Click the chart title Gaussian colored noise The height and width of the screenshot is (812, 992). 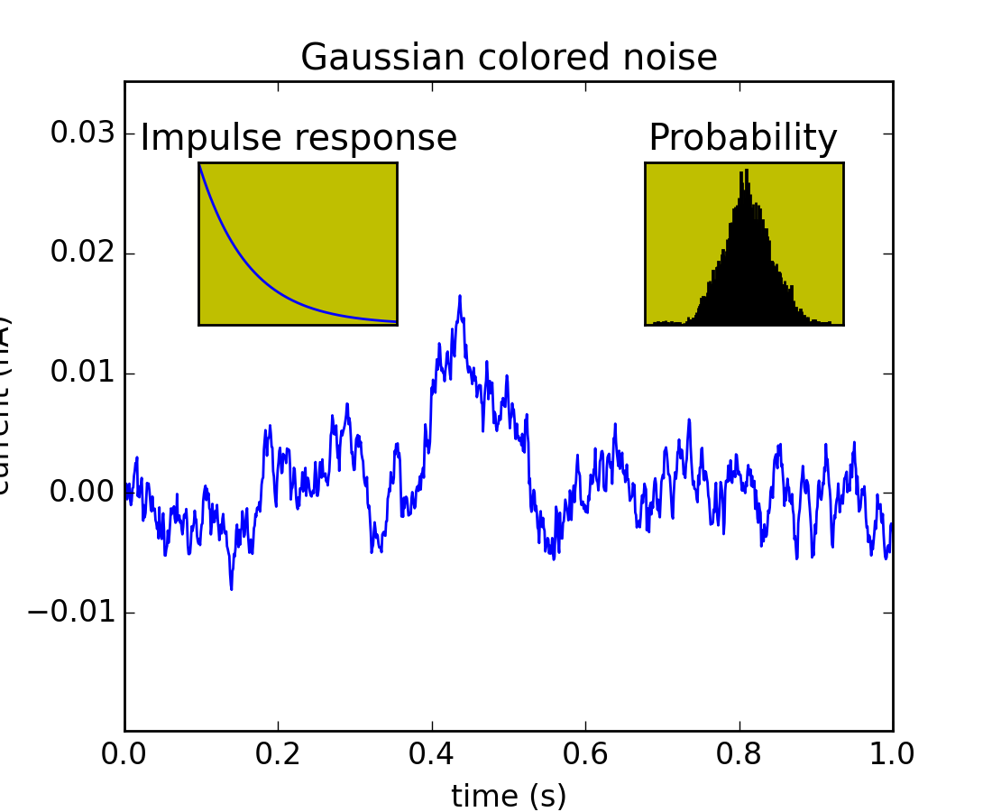[509, 58]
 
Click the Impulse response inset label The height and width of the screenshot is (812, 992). [299, 138]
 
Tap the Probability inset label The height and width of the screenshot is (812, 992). [743, 138]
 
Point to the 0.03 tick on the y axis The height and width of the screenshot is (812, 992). [82, 134]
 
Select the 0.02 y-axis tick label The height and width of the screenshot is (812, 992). [82, 254]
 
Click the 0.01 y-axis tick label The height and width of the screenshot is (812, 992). [82, 374]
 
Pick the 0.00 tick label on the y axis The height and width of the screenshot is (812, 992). [82, 493]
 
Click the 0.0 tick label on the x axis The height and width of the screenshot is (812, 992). [125, 754]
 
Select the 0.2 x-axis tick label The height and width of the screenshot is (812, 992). [279, 754]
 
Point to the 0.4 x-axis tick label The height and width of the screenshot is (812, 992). [432, 754]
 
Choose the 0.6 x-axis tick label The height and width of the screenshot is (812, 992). [585, 754]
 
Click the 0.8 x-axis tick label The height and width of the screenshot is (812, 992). [739, 754]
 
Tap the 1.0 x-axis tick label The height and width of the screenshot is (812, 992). [892, 754]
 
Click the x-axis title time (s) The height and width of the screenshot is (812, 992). [509, 796]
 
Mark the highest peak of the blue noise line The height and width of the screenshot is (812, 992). [459, 296]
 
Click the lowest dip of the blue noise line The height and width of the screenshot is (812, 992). [231, 589]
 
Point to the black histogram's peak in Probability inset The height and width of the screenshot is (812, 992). [744, 171]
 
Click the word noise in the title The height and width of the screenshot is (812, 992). [673, 58]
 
